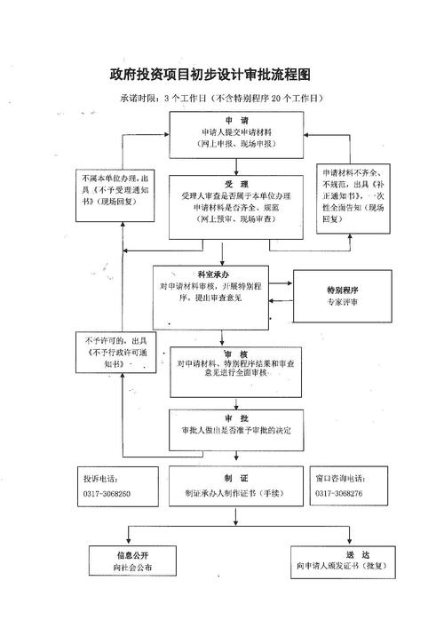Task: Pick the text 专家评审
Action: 343,302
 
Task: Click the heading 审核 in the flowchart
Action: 235,353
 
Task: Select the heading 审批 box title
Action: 235,417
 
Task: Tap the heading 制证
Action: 235,477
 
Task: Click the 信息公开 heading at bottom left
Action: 131,553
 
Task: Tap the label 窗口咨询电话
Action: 340,478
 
